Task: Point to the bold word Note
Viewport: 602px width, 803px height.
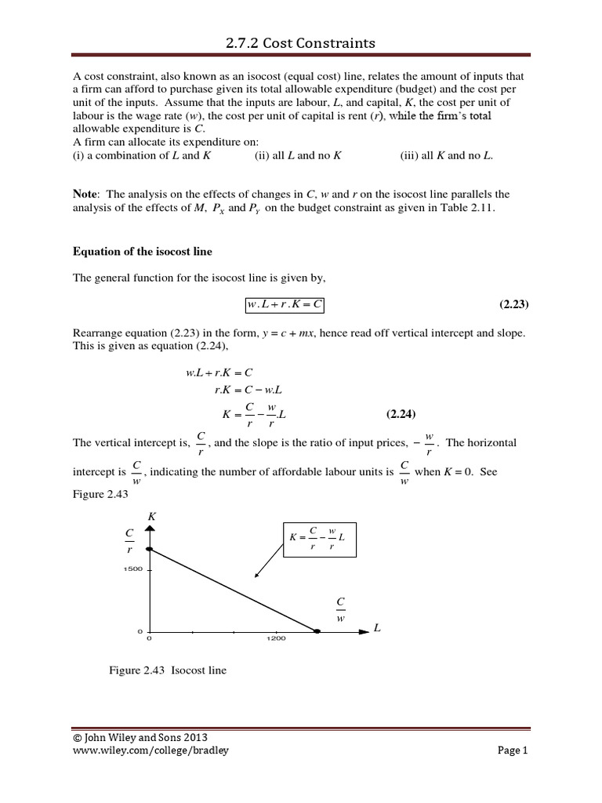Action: click(86, 193)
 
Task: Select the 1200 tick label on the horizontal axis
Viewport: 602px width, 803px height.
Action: click(275, 638)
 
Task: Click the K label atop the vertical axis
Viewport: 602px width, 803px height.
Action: click(150, 516)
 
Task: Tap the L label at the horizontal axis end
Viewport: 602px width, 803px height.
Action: click(378, 630)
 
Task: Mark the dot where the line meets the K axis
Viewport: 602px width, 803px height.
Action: click(149, 550)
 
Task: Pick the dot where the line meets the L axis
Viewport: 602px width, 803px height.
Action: click(317, 630)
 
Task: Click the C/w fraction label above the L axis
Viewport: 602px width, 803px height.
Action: click(340, 608)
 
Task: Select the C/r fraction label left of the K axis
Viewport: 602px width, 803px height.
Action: click(129, 540)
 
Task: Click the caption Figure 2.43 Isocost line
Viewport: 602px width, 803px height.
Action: click(168, 670)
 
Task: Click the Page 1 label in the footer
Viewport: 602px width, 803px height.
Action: click(513, 750)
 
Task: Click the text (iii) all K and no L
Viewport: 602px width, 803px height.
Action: click(446, 155)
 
